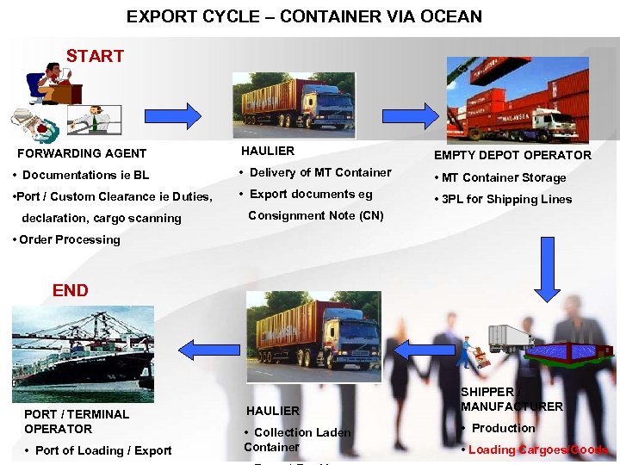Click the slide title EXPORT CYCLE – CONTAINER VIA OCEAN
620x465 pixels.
pos(304,16)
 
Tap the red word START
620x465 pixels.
pos(95,57)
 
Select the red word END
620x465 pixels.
pos(70,290)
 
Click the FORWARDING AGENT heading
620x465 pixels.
pos(83,153)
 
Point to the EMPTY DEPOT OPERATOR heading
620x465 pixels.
pos(512,155)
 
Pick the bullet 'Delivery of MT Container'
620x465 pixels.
pos(315,172)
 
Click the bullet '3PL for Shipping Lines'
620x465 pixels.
pos(503,199)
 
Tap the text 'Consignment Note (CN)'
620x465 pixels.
pos(315,215)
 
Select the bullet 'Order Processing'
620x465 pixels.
pos(66,239)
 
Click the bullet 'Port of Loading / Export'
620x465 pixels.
pos(98,450)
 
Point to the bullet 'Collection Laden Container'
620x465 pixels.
pos(298,439)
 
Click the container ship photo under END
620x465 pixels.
pos(83,342)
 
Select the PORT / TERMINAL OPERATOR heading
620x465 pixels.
pos(77,421)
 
